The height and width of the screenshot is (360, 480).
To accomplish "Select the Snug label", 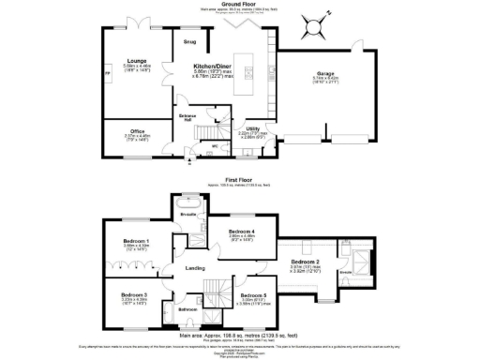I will pyautogui.click(x=189, y=42).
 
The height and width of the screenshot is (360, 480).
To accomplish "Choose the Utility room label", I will pyautogui.click(x=251, y=128).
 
